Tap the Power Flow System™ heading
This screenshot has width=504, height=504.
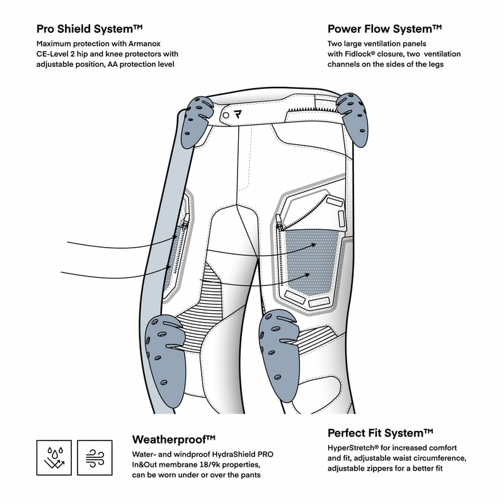(384, 29)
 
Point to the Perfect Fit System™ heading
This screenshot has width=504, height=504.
(381, 433)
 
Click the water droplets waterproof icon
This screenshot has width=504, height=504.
(54, 457)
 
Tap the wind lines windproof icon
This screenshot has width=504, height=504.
(94, 457)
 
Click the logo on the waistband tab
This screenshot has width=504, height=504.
(238, 115)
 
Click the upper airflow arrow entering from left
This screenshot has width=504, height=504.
(120, 243)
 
